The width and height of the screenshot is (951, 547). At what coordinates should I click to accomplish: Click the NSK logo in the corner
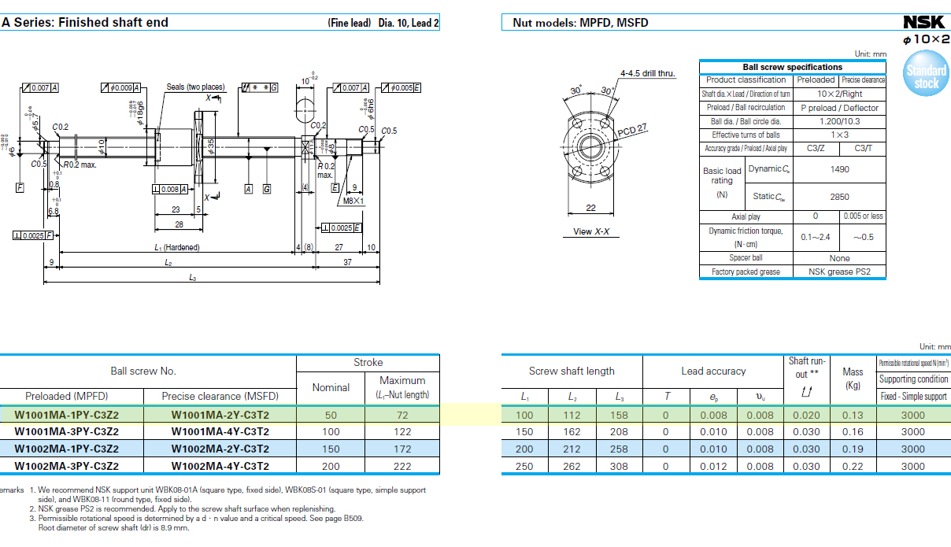927,22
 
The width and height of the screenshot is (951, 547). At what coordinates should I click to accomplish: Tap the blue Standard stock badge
926,76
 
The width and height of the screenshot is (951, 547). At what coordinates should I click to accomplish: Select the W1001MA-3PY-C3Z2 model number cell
67,431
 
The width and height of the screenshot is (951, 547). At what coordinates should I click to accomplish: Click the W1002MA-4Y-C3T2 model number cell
220,466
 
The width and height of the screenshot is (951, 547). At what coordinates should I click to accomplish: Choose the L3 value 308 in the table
620,466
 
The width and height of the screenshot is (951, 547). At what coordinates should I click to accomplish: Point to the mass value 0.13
853,415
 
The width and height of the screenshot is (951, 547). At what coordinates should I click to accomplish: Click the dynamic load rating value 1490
839,169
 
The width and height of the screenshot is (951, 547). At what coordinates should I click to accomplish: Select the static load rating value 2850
839,197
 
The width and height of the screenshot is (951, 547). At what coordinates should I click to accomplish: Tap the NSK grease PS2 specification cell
839,272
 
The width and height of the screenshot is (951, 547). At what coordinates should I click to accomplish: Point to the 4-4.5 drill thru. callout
648,73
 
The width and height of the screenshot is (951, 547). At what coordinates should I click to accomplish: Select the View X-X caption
590,232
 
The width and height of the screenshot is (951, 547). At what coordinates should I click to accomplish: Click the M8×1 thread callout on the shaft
353,201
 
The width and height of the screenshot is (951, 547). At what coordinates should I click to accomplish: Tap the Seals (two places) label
195,87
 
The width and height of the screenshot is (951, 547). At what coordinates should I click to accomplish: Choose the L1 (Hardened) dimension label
176,247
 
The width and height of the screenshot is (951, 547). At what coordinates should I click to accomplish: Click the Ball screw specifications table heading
792,68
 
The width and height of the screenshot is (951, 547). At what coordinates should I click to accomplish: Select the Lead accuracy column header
713,371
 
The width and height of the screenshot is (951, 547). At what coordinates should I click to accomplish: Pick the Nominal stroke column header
331,387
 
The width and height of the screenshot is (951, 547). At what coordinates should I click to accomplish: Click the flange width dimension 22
590,208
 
